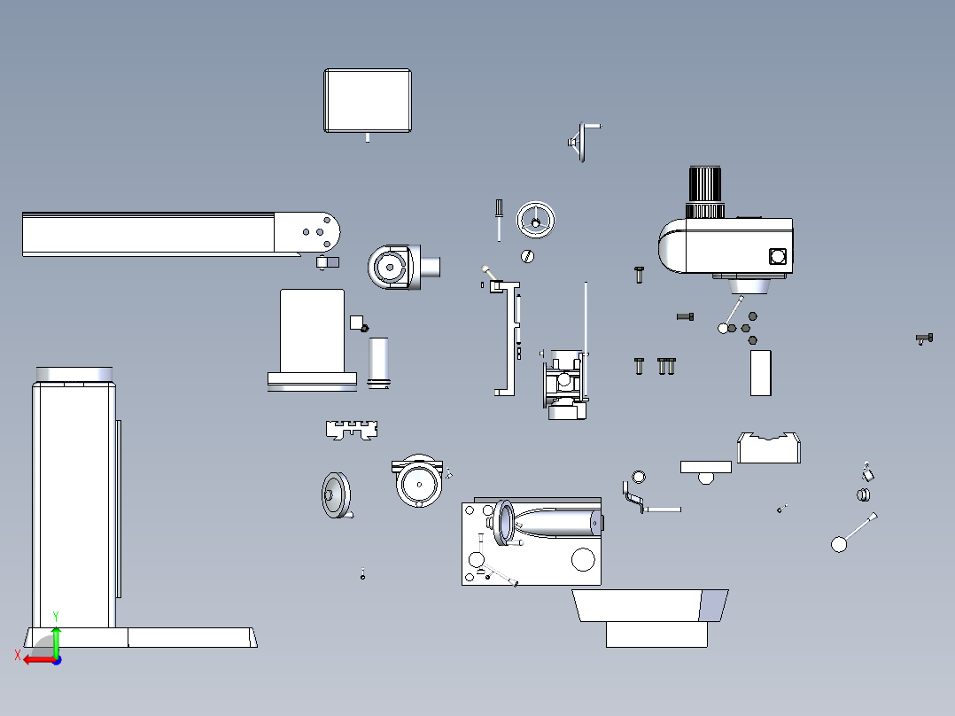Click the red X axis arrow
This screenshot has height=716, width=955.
pyautogui.click(x=38, y=660)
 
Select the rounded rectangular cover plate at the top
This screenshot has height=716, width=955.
pyautogui.click(x=368, y=100)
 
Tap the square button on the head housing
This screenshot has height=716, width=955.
pyautogui.click(x=777, y=256)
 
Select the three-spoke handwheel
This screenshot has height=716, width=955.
pyautogui.click(x=535, y=220)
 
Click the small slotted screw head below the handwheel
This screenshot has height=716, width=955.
pyautogui.click(x=527, y=257)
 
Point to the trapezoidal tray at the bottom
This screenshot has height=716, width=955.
pyautogui.click(x=650, y=605)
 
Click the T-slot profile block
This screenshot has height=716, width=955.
pyautogui.click(x=352, y=430)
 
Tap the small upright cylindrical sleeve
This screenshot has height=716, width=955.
pyautogui.click(x=378, y=362)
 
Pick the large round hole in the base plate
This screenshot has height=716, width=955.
pyautogui.click(x=583, y=559)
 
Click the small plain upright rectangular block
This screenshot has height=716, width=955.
pyautogui.click(x=761, y=373)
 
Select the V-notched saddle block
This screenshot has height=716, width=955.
pyautogui.click(x=769, y=447)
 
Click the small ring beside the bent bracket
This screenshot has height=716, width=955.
pyautogui.click(x=639, y=477)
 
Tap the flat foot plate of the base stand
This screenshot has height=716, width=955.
pyautogui.click(x=141, y=637)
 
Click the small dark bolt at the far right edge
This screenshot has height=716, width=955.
pyautogui.click(x=925, y=339)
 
